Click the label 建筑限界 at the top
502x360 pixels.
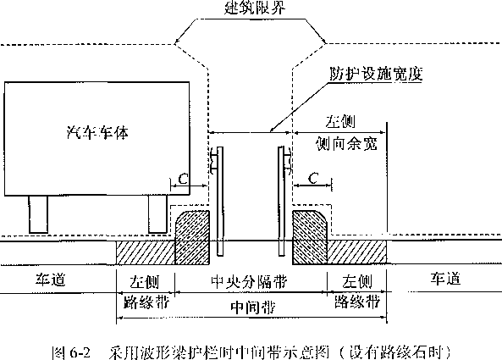255,7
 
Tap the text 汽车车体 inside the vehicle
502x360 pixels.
97,132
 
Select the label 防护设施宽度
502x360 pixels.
376,74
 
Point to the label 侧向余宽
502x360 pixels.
346,144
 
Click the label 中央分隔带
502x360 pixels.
249,282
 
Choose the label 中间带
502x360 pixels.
253,307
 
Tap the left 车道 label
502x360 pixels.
50,280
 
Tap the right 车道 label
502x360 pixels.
445,279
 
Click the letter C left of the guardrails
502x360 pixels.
183,179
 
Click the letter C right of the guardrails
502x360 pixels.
313,178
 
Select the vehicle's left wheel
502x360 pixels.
38,214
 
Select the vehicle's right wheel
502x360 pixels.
157,214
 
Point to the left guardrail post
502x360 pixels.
220,201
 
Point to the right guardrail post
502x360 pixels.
281,201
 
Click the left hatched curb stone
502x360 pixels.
193,237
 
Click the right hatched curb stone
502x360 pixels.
310,237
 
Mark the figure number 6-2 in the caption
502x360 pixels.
80,353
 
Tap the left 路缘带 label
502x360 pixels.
146,302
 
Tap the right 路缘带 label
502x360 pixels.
357,301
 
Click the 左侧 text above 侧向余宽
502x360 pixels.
340,121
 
